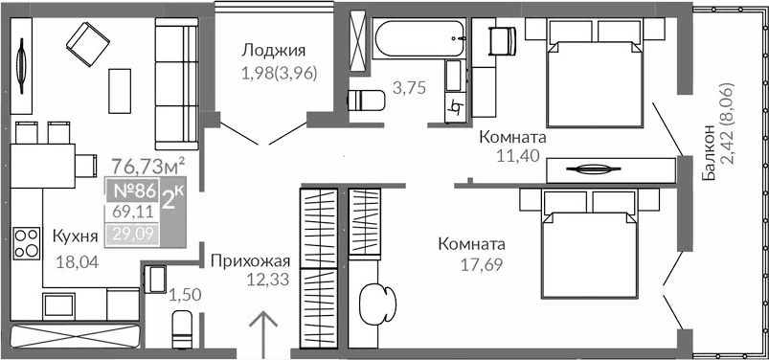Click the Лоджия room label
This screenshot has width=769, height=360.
(273, 51)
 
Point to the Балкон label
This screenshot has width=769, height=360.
(708, 153)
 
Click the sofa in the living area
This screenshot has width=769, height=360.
(176, 86)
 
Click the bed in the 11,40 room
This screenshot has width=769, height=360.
(594, 77)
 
